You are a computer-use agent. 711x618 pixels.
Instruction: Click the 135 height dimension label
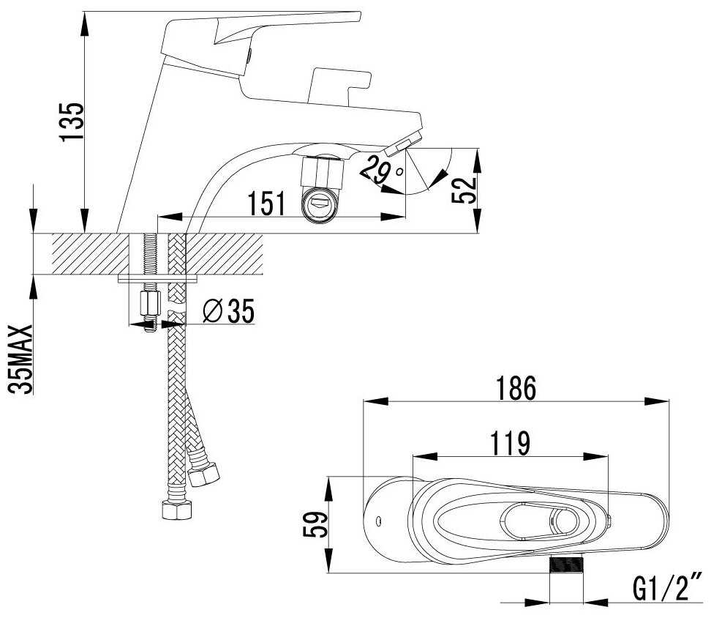pos(72,122)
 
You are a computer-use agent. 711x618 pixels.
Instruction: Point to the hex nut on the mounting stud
pos(148,301)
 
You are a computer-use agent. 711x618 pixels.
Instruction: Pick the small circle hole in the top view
pos(378,521)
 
